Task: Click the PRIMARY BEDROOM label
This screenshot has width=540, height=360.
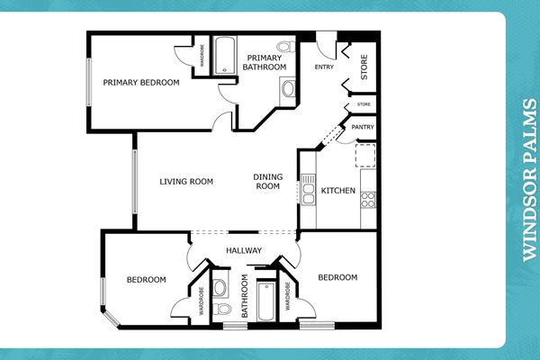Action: [140, 83]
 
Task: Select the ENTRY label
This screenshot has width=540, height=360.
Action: [324, 67]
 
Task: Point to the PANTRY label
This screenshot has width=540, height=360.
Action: [363, 128]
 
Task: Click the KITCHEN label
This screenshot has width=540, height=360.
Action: [337, 190]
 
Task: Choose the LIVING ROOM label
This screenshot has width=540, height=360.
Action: [186, 182]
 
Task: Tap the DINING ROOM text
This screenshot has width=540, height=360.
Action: [268, 182]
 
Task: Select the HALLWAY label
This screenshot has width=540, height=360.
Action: [243, 251]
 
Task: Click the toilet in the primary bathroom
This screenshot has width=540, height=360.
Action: [284, 47]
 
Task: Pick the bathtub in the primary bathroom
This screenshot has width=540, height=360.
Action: [222, 56]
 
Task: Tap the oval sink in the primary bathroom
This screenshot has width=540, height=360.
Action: [287, 88]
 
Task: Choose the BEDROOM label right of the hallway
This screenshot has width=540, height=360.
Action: [338, 277]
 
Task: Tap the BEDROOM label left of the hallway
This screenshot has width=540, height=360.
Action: [147, 280]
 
